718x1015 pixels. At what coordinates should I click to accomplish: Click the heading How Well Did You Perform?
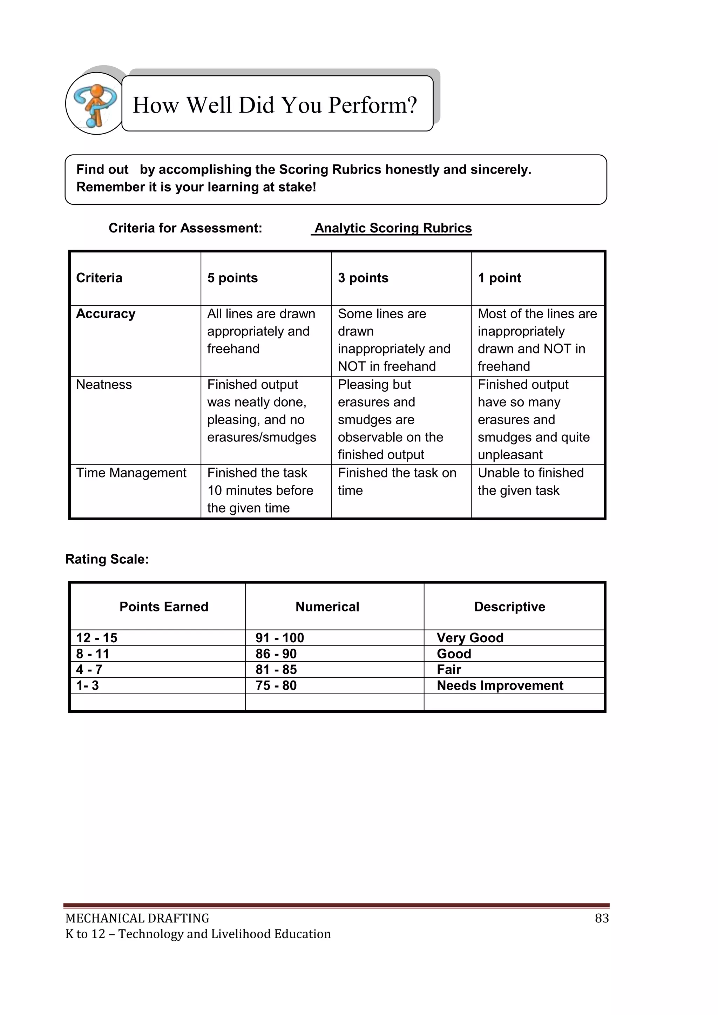point(275,105)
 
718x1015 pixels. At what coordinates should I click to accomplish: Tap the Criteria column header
point(99,278)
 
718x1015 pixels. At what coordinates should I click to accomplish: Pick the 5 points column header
point(232,278)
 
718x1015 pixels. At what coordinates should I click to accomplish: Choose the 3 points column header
point(363,278)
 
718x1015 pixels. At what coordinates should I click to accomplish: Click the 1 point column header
point(499,278)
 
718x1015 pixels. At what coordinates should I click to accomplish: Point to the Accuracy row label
point(106,313)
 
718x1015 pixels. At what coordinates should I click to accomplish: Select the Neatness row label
point(104,385)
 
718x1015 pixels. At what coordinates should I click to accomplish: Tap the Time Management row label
point(131,473)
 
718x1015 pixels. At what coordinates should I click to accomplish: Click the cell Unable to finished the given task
point(530,481)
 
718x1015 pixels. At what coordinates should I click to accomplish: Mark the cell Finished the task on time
point(397,481)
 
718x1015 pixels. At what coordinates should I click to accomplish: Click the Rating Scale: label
point(107,559)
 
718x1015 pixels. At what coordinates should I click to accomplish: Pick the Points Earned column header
point(164,607)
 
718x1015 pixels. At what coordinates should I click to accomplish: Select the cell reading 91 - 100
point(280,637)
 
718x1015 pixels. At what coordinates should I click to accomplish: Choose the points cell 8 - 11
point(93,654)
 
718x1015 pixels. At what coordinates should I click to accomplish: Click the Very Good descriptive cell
point(470,637)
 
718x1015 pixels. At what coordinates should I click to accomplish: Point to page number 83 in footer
point(601,918)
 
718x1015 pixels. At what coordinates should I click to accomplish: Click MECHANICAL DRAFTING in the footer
point(137,919)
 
